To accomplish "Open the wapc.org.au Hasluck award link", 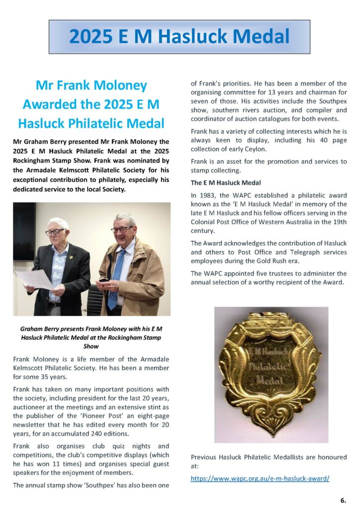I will pyautogui.click(x=260, y=478).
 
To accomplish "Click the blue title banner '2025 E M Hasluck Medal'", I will pyautogui.click(x=179, y=37).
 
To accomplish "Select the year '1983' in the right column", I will pyautogui.click(x=207, y=195).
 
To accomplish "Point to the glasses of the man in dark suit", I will pyautogui.click(x=55, y=232).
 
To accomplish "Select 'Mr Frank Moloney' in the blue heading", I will pyautogui.click(x=91, y=85).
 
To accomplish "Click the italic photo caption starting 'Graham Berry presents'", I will pyautogui.click(x=91, y=337).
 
